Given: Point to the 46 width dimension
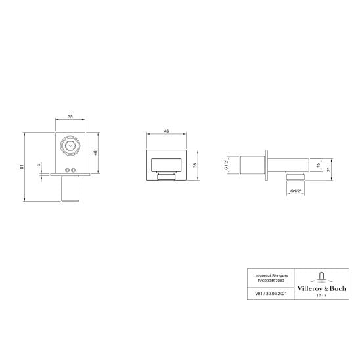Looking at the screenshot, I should click(x=166, y=132).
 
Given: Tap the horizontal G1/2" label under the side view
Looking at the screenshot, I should click(x=296, y=191).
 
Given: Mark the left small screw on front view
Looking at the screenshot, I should click(x=66, y=171).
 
